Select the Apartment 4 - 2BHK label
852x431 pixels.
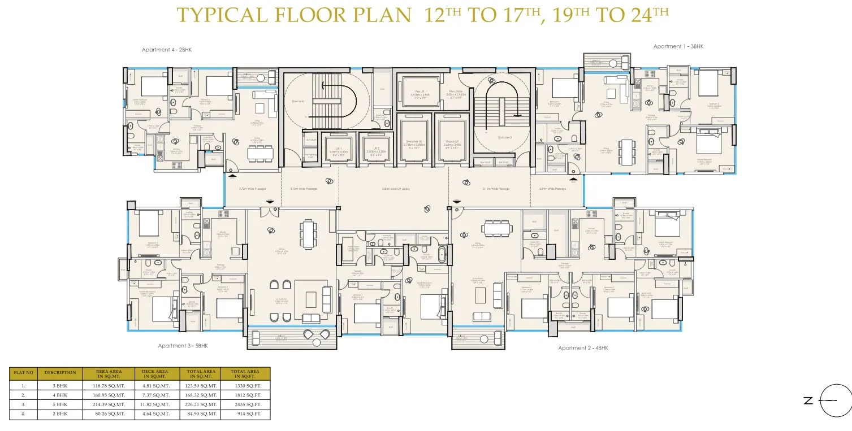tap(167, 50)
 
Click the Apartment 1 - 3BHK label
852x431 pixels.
tap(677, 46)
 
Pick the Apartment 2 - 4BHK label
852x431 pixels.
tap(583, 348)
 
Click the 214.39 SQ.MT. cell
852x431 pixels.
tap(103, 404)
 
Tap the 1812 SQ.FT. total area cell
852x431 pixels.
tap(246, 395)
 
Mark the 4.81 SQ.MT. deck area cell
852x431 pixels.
tap(154, 385)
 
